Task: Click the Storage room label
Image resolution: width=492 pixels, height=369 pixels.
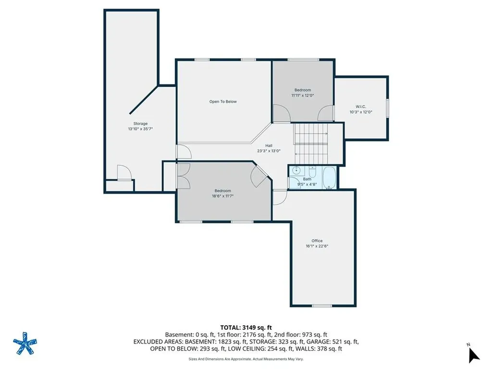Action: [x=140, y=123]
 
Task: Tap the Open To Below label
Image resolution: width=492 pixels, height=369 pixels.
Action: [x=223, y=102]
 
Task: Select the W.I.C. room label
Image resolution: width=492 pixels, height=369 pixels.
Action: [x=361, y=107]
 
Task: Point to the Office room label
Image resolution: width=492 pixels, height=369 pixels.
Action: [x=317, y=241]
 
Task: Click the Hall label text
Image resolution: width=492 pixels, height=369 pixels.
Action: [x=269, y=146]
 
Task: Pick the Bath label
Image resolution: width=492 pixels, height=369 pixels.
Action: [x=307, y=179]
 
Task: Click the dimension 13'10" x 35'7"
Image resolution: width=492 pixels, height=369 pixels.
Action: [x=140, y=129]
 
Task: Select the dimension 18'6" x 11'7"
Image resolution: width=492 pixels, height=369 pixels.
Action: [x=223, y=196]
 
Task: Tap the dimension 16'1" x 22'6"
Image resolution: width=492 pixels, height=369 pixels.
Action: [x=317, y=246]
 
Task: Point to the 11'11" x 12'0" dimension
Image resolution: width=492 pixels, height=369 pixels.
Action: [x=303, y=96]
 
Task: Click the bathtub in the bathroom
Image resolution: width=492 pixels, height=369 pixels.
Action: [x=330, y=178]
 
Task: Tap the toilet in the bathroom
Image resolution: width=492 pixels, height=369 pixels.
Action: [x=312, y=172]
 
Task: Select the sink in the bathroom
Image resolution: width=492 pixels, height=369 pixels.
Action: [x=296, y=171]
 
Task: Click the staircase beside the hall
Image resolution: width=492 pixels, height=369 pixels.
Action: [x=311, y=143]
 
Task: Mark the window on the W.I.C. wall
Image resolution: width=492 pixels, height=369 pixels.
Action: [x=388, y=108]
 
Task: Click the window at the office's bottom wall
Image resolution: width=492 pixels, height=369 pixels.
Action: [x=322, y=306]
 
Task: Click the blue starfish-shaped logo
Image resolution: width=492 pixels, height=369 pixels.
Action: [x=25, y=343]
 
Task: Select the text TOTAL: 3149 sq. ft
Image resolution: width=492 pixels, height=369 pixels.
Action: [x=246, y=328]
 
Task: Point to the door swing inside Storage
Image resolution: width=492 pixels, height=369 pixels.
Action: [x=124, y=172]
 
